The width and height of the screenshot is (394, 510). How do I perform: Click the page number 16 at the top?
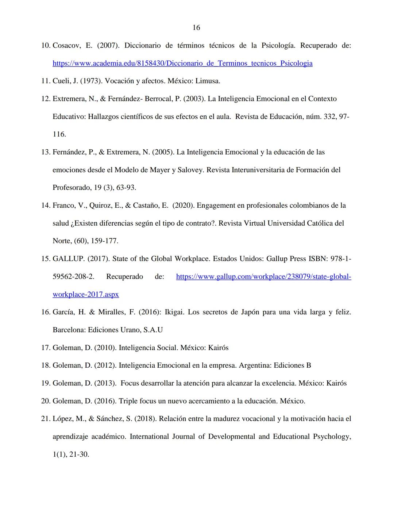(x=196, y=28)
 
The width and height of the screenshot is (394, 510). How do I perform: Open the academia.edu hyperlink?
(x=182, y=63)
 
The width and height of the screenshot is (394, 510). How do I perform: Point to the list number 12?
(x=46, y=99)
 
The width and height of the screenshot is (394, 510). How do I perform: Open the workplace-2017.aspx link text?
(x=86, y=294)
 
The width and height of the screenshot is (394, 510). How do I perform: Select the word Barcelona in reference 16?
(x=69, y=330)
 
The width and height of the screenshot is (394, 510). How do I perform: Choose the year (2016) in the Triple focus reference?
(x=105, y=401)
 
